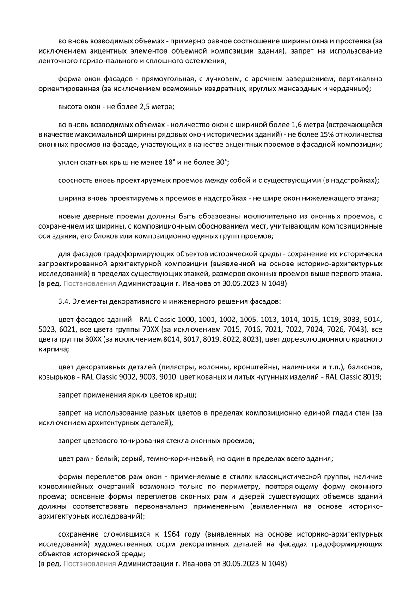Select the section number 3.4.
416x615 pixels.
pos(64,301)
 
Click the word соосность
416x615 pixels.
pos(75,181)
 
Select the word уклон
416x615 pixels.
pos(69,163)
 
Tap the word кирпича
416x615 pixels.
pos(53,349)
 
